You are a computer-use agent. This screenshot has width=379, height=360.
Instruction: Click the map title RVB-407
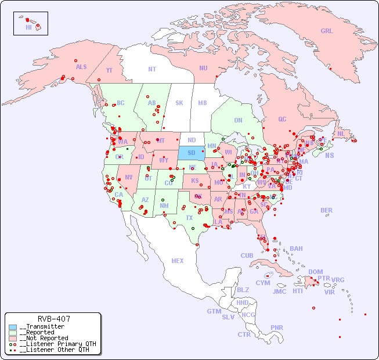(54, 319)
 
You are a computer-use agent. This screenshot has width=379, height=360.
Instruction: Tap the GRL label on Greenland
(327, 31)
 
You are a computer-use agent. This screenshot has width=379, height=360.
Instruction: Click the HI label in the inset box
(28, 27)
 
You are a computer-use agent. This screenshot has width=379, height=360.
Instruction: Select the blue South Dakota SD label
(192, 153)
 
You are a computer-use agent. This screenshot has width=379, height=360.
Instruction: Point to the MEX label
(178, 261)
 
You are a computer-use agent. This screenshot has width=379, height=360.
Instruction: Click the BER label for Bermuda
(326, 210)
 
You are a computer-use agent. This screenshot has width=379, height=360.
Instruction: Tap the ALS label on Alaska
(81, 67)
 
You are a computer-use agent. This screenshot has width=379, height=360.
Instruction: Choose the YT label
(109, 70)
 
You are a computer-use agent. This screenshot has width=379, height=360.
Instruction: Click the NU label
(203, 68)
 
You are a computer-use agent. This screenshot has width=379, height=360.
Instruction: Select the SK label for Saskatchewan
(179, 103)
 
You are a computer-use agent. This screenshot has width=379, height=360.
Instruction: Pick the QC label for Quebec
(282, 119)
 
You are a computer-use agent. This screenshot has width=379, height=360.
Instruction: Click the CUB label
(247, 255)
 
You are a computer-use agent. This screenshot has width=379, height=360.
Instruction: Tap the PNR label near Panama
(277, 327)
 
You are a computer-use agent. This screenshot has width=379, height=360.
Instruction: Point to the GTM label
(214, 311)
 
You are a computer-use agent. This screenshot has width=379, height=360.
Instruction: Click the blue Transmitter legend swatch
(13, 327)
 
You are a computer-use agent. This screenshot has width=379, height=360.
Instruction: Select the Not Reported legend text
(44, 338)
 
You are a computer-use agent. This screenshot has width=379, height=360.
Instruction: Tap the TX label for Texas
(189, 218)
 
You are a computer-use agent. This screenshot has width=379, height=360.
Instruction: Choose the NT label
(152, 69)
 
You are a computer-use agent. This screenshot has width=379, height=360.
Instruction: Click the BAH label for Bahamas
(296, 249)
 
